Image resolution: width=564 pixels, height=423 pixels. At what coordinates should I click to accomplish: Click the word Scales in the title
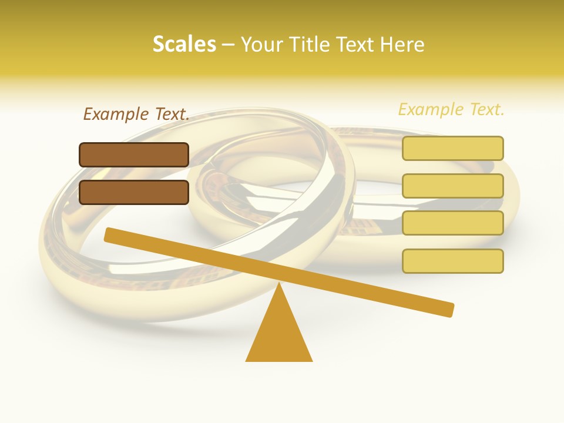coord(184,44)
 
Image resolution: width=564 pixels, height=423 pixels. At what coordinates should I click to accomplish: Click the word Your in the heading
coord(261,44)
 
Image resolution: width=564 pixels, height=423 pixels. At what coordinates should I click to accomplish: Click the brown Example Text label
coord(136,114)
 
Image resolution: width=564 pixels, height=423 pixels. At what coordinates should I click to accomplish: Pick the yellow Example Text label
coord(451,109)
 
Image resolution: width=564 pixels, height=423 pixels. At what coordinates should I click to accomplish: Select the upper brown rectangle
coord(134,155)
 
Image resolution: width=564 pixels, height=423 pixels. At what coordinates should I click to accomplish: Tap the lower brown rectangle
coord(134,192)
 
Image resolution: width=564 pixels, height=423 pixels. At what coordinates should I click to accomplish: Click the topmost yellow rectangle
coord(452,148)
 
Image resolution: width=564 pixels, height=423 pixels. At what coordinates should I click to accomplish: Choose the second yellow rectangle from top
coord(452,186)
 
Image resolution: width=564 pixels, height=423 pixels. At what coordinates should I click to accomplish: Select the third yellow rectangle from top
coord(452,223)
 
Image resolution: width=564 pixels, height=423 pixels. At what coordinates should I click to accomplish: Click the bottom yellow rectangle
coord(452,261)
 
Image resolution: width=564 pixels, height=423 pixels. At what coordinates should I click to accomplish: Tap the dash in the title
coord(228,45)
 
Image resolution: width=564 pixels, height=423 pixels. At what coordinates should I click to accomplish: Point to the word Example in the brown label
coord(116,114)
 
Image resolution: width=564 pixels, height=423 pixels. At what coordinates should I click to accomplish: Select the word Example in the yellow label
coord(431,109)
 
